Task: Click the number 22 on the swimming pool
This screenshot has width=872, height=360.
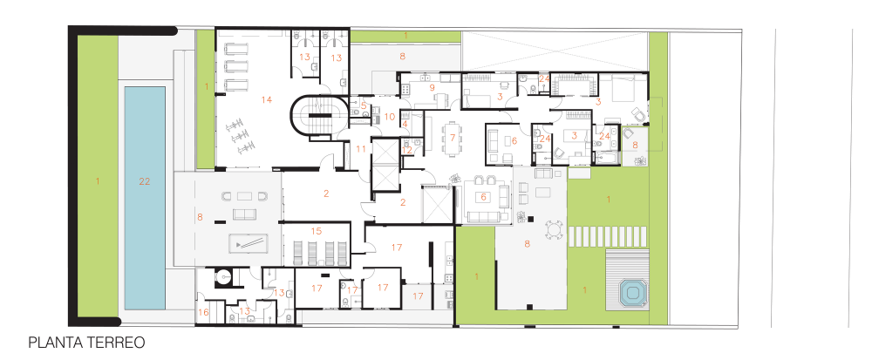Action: pos(145,181)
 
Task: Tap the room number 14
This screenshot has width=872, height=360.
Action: pos(266,100)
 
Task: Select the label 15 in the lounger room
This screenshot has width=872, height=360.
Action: pos(317,230)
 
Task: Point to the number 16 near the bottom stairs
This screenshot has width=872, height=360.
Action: pos(203,313)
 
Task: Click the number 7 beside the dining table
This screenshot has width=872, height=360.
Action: pos(453,137)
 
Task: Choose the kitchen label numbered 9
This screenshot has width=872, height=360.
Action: pos(431,86)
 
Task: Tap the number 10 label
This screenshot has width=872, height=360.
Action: pos(389,117)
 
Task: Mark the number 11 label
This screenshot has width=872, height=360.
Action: pos(362,148)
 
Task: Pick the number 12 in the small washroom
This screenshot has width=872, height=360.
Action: pos(406,150)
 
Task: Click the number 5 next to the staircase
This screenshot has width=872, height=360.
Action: pos(364,105)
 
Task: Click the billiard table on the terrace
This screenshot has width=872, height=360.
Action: pos(248,243)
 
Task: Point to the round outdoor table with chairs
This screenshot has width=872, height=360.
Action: pos(554,229)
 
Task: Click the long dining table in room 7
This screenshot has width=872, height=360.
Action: pos(453,137)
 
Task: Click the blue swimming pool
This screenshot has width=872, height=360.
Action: pos(145,198)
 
